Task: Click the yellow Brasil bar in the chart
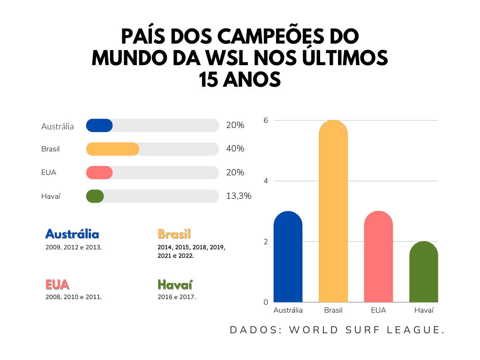click(x=333, y=211)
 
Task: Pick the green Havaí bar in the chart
click(x=423, y=272)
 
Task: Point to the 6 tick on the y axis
click(x=265, y=120)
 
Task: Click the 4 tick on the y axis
click(x=265, y=181)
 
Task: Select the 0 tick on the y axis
click(x=265, y=302)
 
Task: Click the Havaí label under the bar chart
click(x=424, y=310)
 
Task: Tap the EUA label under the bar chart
click(x=378, y=310)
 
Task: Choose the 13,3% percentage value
click(x=239, y=196)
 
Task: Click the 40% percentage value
click(x=235, y=149)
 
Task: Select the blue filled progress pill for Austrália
click(x=99, y=125)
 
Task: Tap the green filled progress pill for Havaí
click(x=95, y=196)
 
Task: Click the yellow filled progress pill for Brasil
click(x=112, y=149)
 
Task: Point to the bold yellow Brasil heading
click(x=174, y=234)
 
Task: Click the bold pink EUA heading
click(x=58, y=285)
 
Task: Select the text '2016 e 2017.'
click(x=177, y=297)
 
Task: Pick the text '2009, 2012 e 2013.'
click(x=74, y=247)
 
